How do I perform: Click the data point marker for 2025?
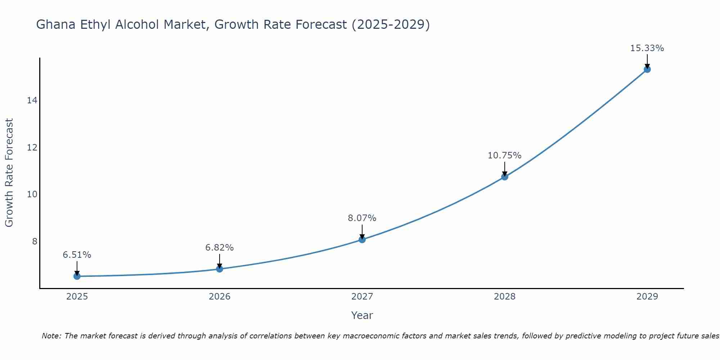click(x=77, y=276)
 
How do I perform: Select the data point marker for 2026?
click(x=220, y=269)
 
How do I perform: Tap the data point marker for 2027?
click(x=362, y=239)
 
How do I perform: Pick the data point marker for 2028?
click(x=505, y=177)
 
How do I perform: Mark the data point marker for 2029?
click(x=647, y=69)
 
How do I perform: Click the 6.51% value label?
click(x=77, y=255)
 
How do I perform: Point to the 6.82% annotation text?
click(x=220, y=248)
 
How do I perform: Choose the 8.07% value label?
click(x=362, y=218)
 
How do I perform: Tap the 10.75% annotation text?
click(x=505, y=156)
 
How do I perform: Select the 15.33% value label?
click(x=647, y=48)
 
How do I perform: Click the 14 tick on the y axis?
click(x=32, y=100)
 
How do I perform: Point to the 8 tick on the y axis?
click(x=35, y=241)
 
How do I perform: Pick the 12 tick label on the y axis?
click(x=32, y=148)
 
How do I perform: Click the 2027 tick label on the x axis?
click(x=362, y=297)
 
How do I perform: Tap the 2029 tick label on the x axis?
click(x=647, y=297)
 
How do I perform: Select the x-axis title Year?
click(x=362, y=315)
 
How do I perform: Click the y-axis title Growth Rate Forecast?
click(x=9, y=173)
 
